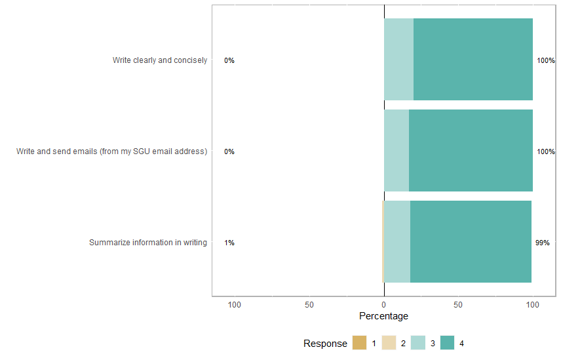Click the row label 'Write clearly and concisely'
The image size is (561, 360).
(159, 60)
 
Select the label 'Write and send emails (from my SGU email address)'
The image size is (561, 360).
(111, 151)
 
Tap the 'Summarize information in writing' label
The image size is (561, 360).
(147, 243)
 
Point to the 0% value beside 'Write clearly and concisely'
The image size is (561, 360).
(229, 60)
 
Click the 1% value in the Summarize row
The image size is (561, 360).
(229, 243)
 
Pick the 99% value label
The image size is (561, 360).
(542, 243)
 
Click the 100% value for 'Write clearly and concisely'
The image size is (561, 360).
(545, 60)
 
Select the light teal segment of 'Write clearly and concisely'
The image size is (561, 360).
(398, 59)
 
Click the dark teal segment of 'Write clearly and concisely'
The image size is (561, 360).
(473, 59)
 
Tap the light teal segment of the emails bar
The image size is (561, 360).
(396, 150)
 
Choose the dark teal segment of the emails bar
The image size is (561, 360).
(471, 150)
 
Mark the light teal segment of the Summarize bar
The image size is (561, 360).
(397, 241)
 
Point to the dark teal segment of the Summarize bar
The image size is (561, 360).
(471, 241)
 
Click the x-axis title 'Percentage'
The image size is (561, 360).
(383, 316)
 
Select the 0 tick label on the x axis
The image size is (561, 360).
(384, 305)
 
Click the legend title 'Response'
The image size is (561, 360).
(325, 344)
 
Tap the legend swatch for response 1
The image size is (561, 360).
(359, 343)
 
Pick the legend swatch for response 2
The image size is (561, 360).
(389, 343)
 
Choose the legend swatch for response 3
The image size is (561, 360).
(417, 343)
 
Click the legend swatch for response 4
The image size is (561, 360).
(447, 343)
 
